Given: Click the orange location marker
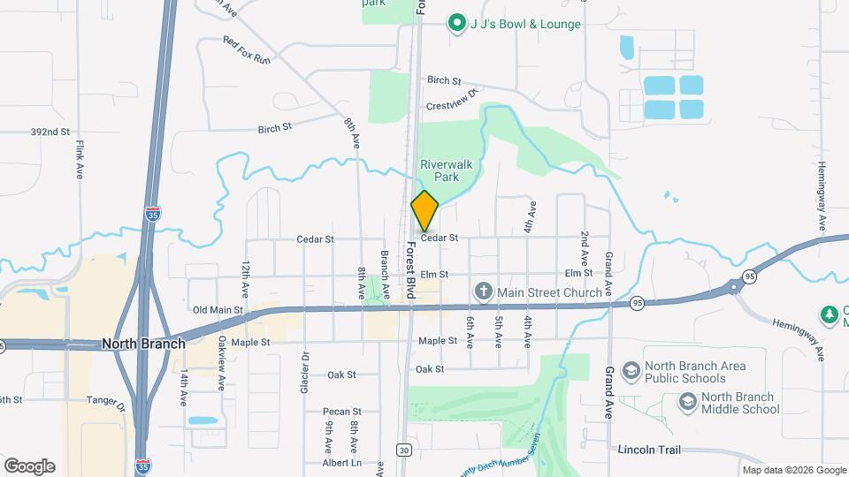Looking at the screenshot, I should point(424,210).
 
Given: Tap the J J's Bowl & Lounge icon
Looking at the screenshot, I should point(456,24).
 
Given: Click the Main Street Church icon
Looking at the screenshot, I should point(483,291).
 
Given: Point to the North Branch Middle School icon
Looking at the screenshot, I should point(686,403).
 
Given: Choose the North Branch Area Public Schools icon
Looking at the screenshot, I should point(631,372).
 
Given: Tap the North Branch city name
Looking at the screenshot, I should point(143,344).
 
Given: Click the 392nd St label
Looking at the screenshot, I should point(50,132).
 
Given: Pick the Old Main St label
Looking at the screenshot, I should point(217,310).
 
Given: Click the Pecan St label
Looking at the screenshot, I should point(344,412).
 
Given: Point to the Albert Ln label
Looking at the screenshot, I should point(342,462).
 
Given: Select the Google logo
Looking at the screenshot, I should point(29,466).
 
